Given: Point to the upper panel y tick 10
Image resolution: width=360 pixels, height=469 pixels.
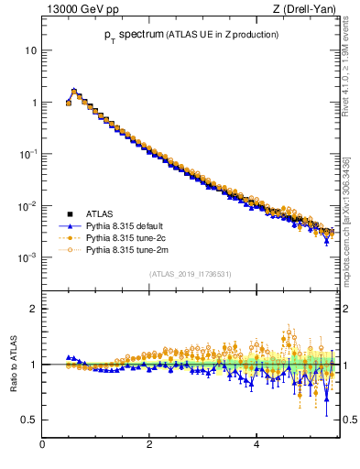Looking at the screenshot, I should coord(30,50).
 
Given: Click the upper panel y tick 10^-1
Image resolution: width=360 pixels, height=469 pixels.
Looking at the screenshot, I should coord(27,154).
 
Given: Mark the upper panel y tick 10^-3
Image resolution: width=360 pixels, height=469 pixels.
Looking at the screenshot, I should coord(27,257).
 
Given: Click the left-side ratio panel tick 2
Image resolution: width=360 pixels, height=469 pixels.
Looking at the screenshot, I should coord(33,309).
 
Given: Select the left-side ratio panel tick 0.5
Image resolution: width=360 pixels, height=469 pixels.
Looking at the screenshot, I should coord(28,420).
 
